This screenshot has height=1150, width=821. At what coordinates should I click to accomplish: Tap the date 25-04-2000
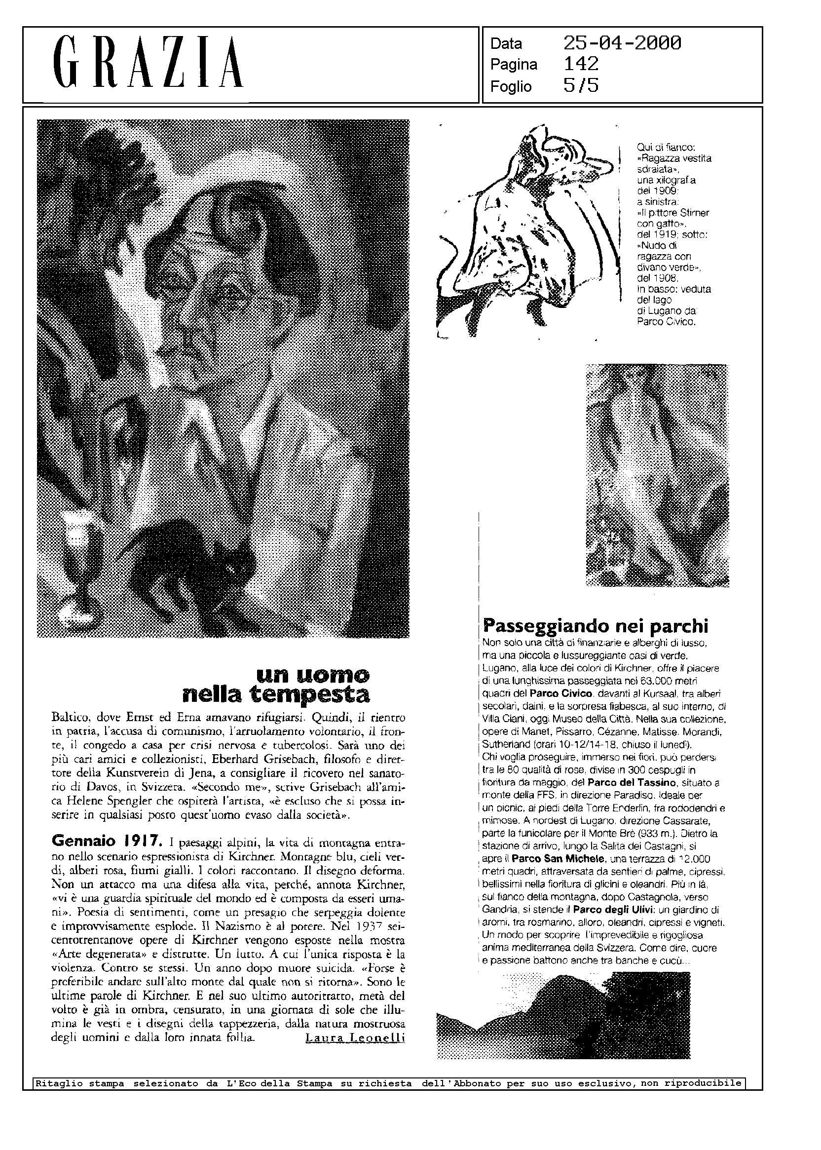pos(622,43)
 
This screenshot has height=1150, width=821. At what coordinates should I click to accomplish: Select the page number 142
pos(581,64)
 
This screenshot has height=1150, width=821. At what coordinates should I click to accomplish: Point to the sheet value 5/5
pos(581,86)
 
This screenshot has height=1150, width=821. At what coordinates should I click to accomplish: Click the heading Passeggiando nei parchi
pos(596,626)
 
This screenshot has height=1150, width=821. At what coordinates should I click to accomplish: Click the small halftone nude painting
pos(657,475)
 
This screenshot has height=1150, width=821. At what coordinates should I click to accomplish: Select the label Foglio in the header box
pos(511,87)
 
